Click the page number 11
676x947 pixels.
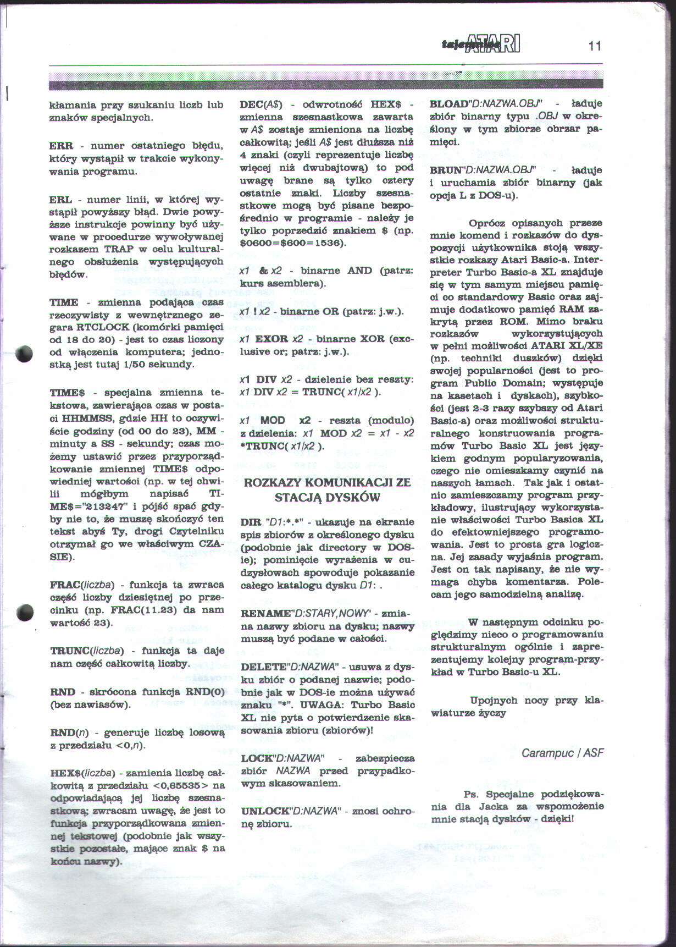coord(595,46)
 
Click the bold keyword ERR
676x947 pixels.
coord(61,146)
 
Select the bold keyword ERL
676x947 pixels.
coord(60,200)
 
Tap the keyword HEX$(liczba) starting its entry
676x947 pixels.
coord(82,773)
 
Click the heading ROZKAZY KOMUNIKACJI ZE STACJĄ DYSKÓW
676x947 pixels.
coord(327,490)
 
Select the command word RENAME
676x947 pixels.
coord(265,613)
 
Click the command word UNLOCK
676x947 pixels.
coord(265,811)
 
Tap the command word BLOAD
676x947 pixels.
coord(447,103)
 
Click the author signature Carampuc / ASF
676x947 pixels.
coord(562,752)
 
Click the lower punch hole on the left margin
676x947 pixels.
coord(24,612)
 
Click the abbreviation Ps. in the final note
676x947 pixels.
coord(471,794)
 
